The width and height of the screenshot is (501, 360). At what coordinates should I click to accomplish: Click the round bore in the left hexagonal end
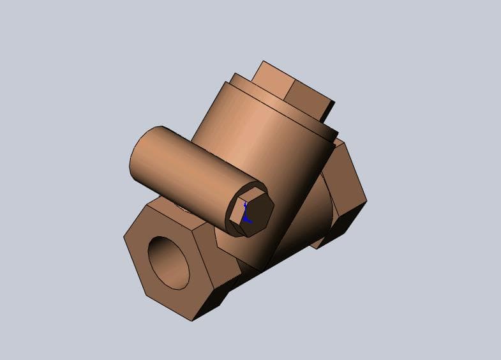pyautogui.click(x=169, y=262)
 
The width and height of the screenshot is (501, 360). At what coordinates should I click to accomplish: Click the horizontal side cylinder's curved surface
pyautogui.click(x=185, y=166)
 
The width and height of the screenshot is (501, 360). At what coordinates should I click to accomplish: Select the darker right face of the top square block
pyautogui.click(x=310, y=102)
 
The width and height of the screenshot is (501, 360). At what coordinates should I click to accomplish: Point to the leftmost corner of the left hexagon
pyautogui.click(x=124, y=237)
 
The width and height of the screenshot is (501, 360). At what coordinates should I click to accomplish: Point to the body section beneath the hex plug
pyautogui.click(x=255, y=252)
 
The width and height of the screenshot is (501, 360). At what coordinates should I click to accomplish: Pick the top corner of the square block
pyautogui.click(x=262, y=62)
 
